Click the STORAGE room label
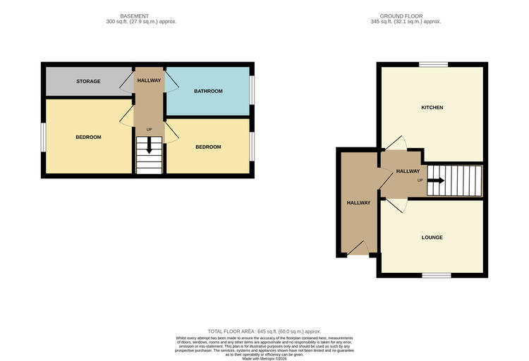(88, 81)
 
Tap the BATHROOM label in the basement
(208, 91)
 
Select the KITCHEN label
(432, 107)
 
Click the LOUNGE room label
(432, 237)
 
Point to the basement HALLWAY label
(149, 80)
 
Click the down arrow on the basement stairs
(149, 147)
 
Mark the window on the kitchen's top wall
(432, 65)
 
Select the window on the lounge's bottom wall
(437, 275)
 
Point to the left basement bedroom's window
(43, 137)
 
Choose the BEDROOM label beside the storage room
(88, 137)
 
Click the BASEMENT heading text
(134, 15)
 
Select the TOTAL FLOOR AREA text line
(264, 331)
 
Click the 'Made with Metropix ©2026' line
(264, 358)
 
